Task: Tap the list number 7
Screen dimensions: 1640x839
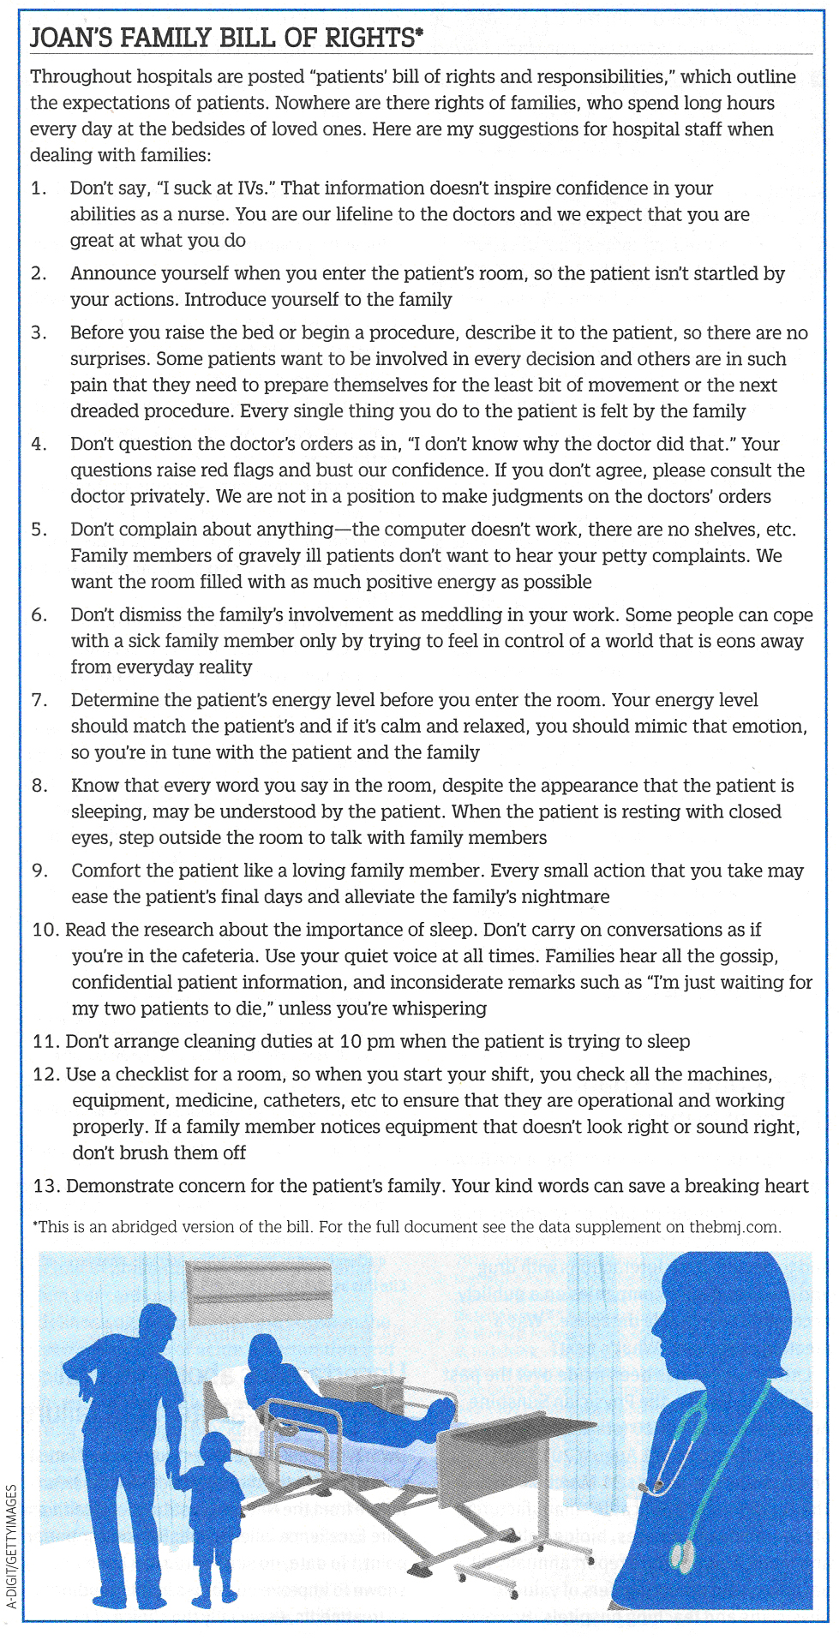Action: click(x=39, y=700)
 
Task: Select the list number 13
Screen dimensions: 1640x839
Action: click(x=45, y=1186)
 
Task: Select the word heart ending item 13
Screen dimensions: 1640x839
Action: click(x=785, y=1186)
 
